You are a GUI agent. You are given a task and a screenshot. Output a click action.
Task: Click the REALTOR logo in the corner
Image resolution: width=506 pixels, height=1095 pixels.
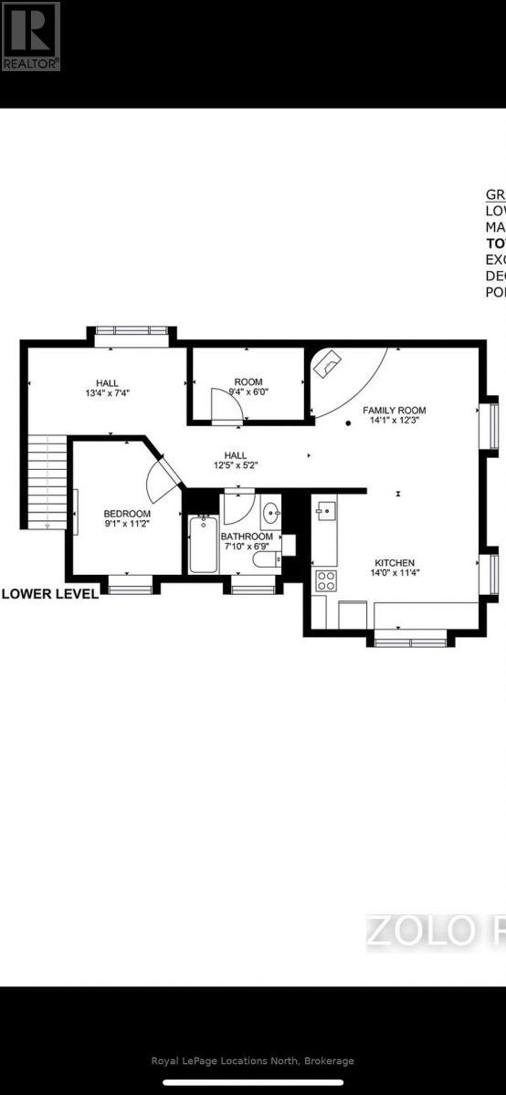[31, 36]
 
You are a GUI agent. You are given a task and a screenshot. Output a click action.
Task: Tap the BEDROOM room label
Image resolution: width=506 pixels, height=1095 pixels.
[126, 514]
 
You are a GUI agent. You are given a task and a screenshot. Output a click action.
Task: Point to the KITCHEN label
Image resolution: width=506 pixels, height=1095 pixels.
[395, 563]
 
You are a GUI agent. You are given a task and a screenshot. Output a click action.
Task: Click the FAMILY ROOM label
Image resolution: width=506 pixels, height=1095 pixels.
[394, 411]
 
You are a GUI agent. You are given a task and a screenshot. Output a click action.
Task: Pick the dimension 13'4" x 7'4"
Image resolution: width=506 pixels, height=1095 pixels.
[108, 395]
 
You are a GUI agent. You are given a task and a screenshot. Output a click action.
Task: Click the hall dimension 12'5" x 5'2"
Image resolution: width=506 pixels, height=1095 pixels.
[236, 466]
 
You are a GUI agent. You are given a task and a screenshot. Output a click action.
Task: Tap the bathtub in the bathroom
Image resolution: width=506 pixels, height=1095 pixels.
[202, 545]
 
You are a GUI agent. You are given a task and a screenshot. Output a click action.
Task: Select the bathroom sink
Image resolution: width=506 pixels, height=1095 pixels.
[269, 514]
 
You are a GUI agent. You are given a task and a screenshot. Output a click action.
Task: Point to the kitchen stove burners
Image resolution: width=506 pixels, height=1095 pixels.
[324, 579]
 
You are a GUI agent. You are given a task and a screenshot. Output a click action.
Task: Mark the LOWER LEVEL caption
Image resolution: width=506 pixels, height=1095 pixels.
[50, 593]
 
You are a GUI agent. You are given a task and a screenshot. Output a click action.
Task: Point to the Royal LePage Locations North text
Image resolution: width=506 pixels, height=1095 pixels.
[252, 1061]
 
